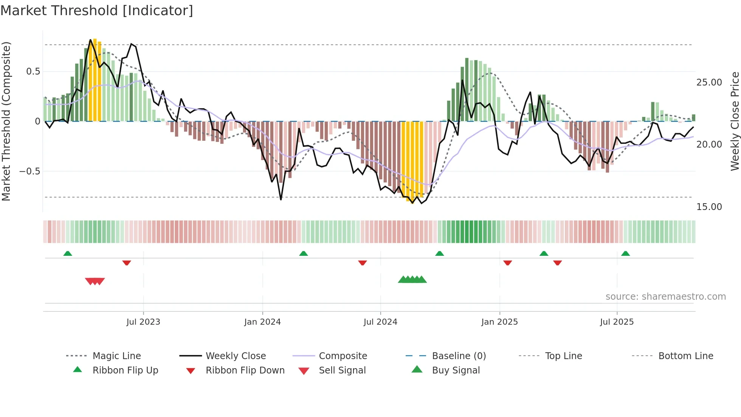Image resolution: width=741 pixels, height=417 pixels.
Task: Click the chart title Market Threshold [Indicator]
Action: tap(97, 11)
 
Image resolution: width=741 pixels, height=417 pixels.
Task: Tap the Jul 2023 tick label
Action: tap(143, 322)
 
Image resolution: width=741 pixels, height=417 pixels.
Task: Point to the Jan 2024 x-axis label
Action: tap(262, 322)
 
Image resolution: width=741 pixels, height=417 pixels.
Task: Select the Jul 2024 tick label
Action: tap(380, 322)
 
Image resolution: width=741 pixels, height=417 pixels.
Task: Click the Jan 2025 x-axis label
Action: tap(499, 322)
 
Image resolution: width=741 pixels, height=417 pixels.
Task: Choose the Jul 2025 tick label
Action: tap(617, 322)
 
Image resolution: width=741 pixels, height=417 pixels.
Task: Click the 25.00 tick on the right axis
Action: tap(709, 82)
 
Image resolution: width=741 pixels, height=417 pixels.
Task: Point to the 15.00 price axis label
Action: tap(709, 207)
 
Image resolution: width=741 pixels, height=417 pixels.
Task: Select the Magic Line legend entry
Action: tap(116, 356)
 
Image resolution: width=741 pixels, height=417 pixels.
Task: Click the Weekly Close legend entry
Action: tap(236, 356)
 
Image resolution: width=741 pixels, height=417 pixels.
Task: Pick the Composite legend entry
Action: tap(343, 356)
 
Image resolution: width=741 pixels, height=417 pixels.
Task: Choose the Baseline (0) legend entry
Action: tap(459, 356)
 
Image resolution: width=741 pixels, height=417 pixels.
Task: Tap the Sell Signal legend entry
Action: tap(342, 370)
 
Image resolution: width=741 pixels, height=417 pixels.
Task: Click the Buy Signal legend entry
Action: tap(456, 370)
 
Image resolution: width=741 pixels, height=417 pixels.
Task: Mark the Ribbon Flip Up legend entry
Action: tap(125, 370)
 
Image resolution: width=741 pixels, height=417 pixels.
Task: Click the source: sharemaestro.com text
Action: tap(665, 297)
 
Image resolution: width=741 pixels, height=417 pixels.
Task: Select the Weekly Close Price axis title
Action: tap(735, 121)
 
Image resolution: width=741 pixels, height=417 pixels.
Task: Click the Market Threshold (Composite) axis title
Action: tap(6, 121)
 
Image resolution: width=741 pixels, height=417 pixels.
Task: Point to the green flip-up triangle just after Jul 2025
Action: tap(625, 254)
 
